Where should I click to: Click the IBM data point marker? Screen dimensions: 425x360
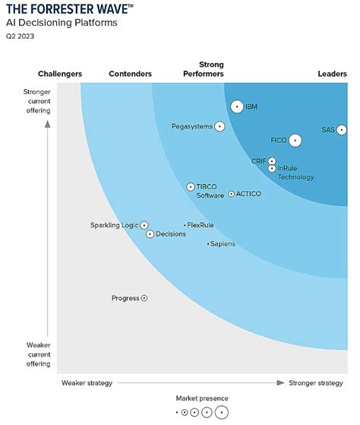point(237,107)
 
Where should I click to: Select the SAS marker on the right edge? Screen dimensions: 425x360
point(342,130)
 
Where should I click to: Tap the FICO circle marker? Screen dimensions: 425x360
point(295,140)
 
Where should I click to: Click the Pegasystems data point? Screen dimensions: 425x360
point(219,126)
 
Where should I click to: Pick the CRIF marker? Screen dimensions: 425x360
point(272,161)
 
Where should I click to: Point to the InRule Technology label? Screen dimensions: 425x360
point(295,173)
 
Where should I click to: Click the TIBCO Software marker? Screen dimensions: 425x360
point(191,186)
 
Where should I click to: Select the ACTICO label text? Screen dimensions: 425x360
point(248,195)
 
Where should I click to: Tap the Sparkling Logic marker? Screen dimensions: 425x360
point(144,225)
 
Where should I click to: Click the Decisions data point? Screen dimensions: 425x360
point(150,234)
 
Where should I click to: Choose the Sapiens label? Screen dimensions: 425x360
point(223,244)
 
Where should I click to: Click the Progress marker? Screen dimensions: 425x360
point(144,298)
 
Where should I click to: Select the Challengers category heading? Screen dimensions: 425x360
point(60,74)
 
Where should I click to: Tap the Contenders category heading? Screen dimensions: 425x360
point(130,74)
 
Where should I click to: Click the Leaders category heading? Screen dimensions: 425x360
point(332,74)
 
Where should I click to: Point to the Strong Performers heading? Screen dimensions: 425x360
point(204,69)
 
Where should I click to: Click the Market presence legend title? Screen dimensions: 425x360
point(202,398)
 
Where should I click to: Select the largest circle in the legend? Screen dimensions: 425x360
point(221,413)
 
